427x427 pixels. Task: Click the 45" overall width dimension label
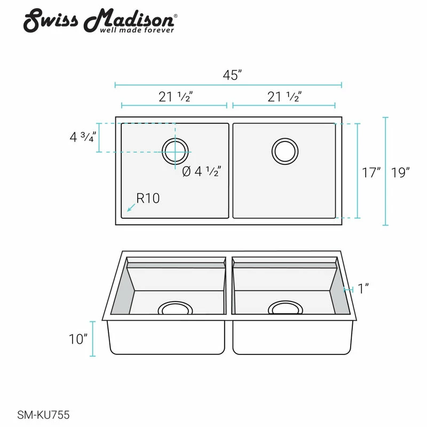point(232,75)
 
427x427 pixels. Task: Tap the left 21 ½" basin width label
point(176,97)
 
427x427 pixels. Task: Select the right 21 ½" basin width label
point(284,97)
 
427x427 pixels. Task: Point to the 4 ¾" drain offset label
point(83,137)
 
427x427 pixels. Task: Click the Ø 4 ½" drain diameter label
point(202,171)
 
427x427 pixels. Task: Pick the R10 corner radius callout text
point(148,198)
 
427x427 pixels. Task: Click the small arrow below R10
point(131,208)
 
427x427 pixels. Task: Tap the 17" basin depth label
point(371,172)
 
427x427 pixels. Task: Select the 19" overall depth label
point(400,172)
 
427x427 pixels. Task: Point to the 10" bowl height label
point(78,339)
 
